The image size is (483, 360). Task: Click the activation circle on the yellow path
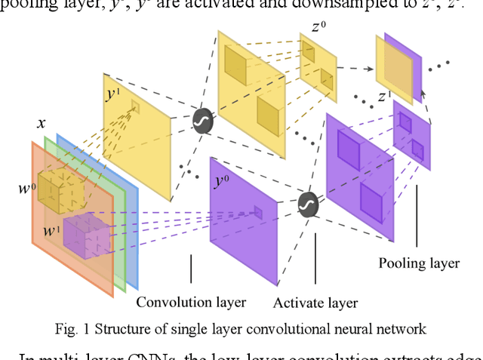click(x=202, y=121)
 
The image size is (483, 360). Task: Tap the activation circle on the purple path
click(x=306, y=204)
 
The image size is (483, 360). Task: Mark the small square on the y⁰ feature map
click(x=257, y=213)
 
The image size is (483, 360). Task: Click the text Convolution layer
click(x=191, y=303)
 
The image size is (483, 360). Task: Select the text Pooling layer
click(x=420, y=263)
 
